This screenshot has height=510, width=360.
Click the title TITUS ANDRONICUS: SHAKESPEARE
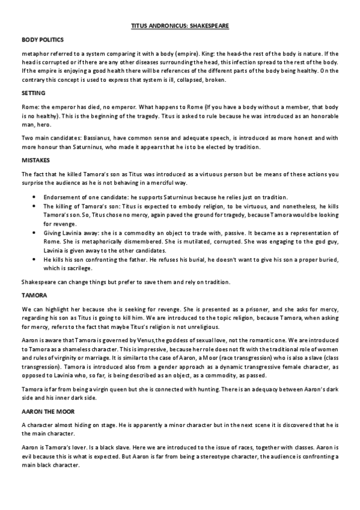tap(180, 26)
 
